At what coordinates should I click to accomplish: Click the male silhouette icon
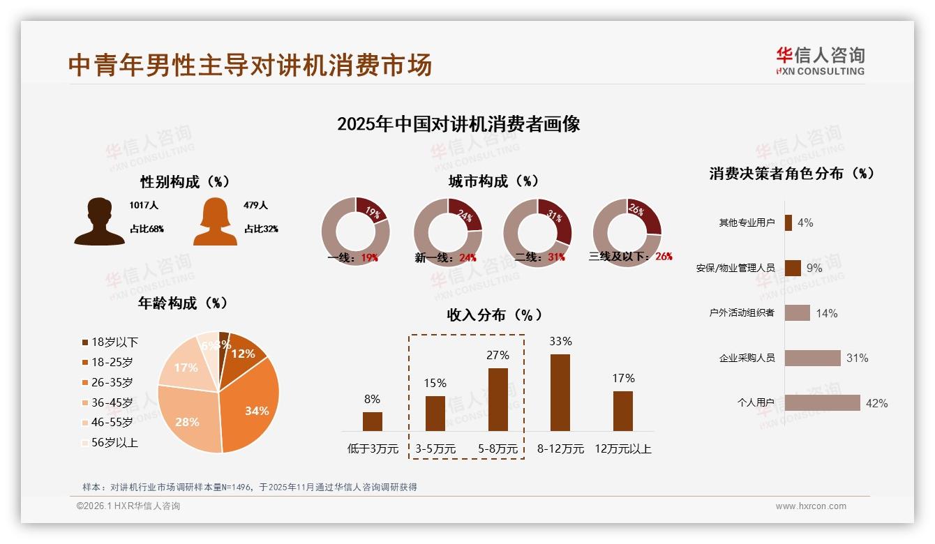(99, 222)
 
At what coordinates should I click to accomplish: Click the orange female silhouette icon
(215, 222)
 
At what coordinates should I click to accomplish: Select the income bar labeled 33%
(560, 392)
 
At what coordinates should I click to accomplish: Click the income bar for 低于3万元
(373, 421)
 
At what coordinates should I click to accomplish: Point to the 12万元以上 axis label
(622, 448)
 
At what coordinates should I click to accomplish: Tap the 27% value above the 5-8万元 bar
(498, 355)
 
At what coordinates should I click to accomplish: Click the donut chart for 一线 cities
(355, 232)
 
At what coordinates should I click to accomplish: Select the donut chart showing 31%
(537, 232)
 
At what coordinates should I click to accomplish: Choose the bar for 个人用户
(822, 402)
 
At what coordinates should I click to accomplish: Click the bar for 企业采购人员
(812, 358)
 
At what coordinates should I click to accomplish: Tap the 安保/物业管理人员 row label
(735, 268)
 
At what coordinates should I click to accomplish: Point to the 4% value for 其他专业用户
(805, 222)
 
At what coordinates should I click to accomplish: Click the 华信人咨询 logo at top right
(820, 61)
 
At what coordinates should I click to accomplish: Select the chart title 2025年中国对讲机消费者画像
(458, 124)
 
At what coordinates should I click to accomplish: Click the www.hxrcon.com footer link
(811, 506)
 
